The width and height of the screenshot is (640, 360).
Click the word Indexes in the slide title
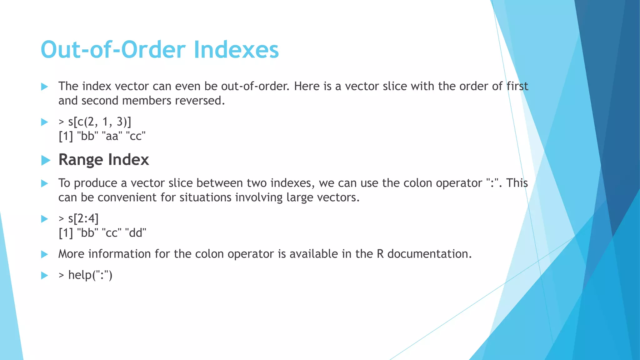point(236,50)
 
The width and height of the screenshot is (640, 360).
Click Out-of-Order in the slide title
point(113,50)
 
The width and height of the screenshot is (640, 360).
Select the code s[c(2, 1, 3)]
point(99,122)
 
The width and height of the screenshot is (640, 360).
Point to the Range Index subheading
point(103,160)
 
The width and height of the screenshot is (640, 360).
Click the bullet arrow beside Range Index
point(46,160)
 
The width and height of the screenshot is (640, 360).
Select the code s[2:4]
point(83,218)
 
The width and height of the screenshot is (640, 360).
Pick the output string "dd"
point(135,233)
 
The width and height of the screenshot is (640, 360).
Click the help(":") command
point(90,275)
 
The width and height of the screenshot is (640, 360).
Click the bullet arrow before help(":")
point(45,275)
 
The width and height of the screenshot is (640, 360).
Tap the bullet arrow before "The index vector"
point(45,87)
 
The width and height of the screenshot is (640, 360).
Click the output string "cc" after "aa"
point(135,136)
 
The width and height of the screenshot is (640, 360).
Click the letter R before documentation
point(380,254)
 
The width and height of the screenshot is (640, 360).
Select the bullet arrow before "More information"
point(45,254)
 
